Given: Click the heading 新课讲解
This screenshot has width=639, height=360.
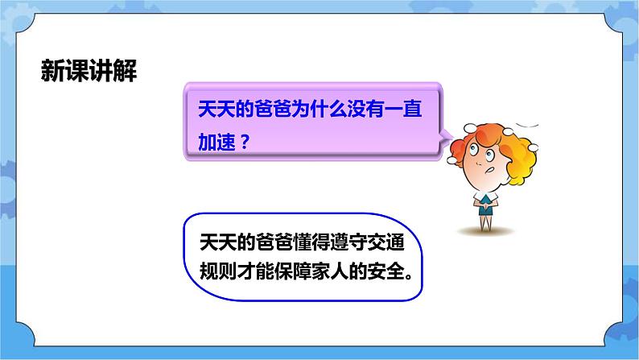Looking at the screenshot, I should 89,72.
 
